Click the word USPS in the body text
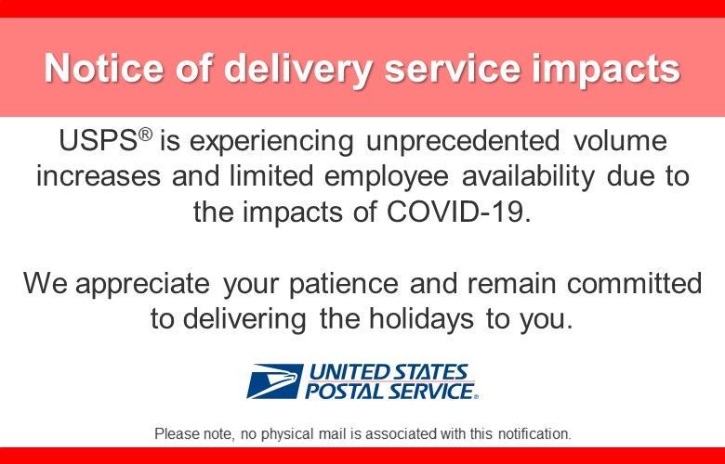point(97,144)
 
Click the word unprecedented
point(455,144)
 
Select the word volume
point(620,144)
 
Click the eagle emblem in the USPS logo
point(273,380)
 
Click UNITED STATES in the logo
point(389,372)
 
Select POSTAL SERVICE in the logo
point(391,392)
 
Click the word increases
point(98,178)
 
